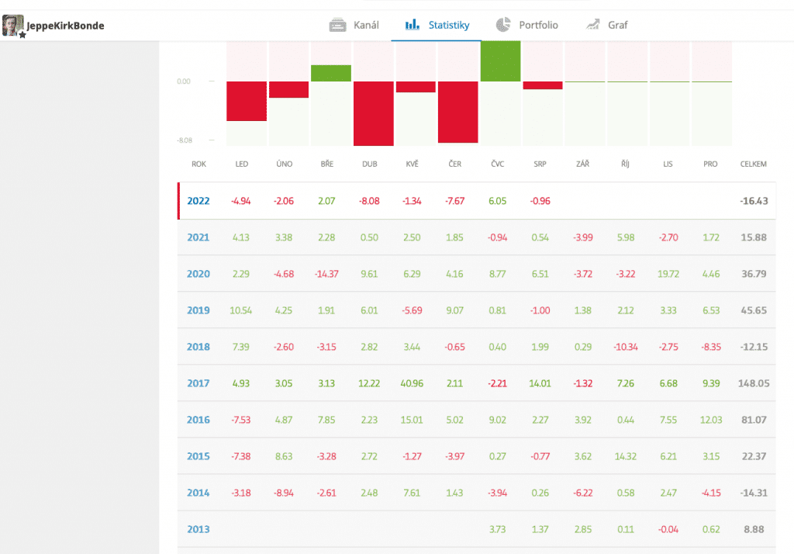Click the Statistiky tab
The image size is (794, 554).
[x=438, y=25]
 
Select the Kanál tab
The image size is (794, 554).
[x=354, y=25]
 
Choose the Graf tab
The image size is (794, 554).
[x=607, y=25]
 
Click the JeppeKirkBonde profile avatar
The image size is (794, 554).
[x=13, y=26]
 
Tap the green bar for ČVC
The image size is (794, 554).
[x=500, y=61]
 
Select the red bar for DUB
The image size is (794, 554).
[x=373, y=113]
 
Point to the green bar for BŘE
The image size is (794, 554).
[x=330, y=73]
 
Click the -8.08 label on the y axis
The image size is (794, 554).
[x=184, y=140]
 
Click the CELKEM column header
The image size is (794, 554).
[x=753, y=164]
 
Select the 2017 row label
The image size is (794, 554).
[x=198, y=383]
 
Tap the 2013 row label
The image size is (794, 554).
[x=198, y=529]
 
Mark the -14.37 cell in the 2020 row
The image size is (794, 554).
[x=327, y=274]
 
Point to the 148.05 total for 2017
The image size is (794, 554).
[x=753, y=383]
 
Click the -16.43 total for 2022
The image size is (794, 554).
[x=753, y=201]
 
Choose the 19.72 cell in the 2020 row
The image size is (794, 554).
[x=668, y=274]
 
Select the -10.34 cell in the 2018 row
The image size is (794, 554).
[x=625, y=347]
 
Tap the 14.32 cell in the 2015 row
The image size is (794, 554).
[x=625, y=456]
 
